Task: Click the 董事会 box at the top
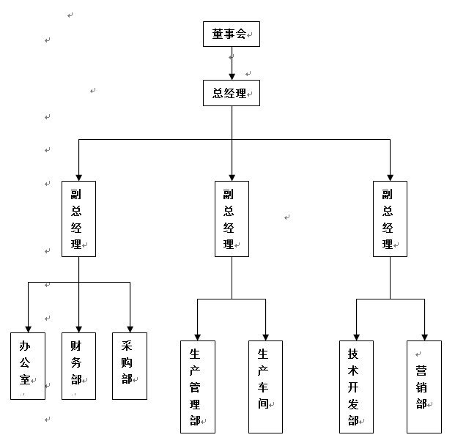tap(232, 34)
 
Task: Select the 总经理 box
tap(232, 93)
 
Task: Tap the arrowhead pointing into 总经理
tap(232, 75)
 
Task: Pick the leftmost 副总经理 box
tap(79, 219)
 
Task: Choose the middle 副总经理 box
tap(232, 219)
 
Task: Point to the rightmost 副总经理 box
tap(390, 219)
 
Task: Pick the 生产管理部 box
tap(198, 387)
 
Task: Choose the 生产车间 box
tap(265, 387)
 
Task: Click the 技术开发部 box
tap(356, 387)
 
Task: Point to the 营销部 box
tap(424, 387)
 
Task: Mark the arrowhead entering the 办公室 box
tap(28, 328)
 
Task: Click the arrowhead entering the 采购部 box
tap(130, 328)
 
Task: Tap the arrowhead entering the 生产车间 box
tap(265, 336)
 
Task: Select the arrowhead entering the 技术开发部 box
tap(356, 336)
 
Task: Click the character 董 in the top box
tap(218, 34)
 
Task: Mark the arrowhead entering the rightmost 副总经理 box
tap(390, 176)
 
